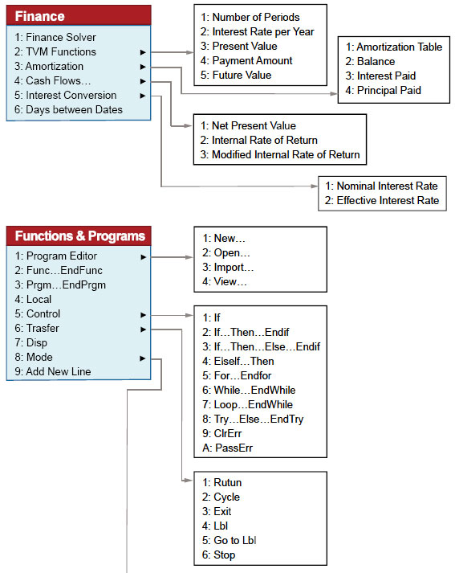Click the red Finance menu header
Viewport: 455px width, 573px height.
tap(79, 15)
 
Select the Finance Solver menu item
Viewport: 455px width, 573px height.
tap(55, 37)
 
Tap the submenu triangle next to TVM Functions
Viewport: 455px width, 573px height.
tap(143, 52)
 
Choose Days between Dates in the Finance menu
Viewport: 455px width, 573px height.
tap(68, 109)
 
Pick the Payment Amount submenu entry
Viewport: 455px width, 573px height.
tap(246, 60)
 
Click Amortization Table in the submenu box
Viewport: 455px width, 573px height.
tap(394, 47)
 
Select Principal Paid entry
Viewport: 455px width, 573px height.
tap(383, 90)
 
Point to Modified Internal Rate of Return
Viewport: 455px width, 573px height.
tap(280, 154)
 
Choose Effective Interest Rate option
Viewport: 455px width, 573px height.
tap(382, 200)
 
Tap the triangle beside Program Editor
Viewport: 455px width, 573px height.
tap(144, 257)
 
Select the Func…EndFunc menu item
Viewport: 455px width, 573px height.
tap(59, 270)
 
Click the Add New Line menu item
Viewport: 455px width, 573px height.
tap(53, 371)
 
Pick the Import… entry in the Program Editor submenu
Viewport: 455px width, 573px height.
tap(228, 267)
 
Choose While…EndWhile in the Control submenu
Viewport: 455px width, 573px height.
tap(249, 390)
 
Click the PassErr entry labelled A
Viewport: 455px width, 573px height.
tap(227, 448)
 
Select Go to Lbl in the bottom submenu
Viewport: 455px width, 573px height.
tap(230, 540)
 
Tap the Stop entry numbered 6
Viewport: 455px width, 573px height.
tap(218, 555)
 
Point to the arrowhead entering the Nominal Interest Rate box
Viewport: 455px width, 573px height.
tap(314, 186)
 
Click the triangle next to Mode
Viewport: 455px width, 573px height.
tap(143, 358)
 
